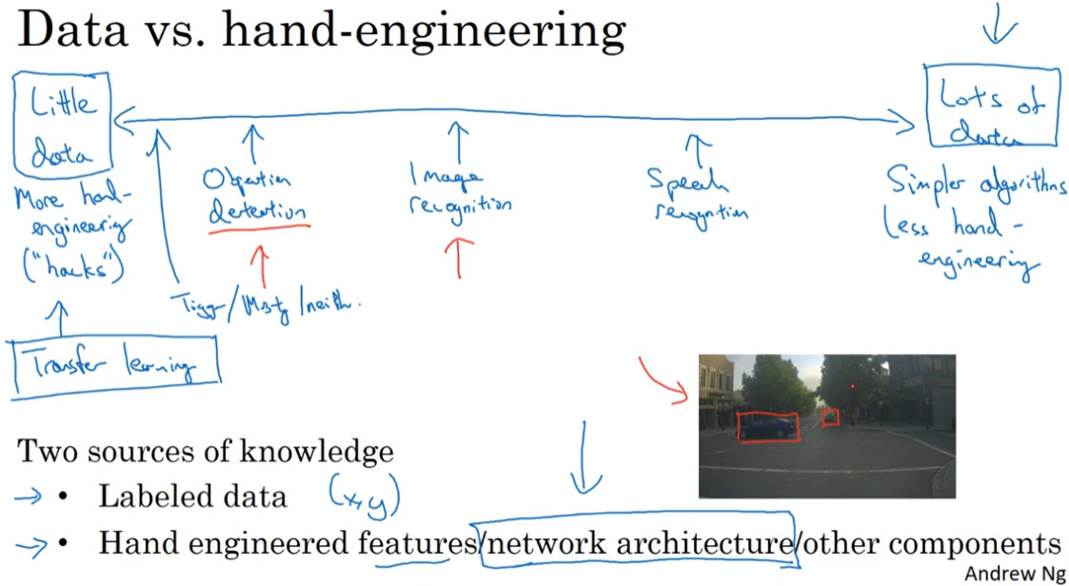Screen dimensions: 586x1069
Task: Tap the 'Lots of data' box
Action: coord(991,107)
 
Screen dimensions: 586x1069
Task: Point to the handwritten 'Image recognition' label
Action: coord(460,190)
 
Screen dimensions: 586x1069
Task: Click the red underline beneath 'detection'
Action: coord(259,227)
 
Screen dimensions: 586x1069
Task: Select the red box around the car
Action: coord(767,426)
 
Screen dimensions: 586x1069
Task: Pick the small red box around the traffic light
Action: coord(830,417)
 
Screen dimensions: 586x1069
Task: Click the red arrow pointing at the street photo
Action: coord(667,379)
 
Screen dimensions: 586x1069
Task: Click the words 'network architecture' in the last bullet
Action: coord(639,543)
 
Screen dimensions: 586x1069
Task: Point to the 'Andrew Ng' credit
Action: coord(1015,575)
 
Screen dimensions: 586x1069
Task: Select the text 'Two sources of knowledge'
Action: coord(205,451)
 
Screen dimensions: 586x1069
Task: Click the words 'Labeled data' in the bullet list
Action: coord(191,496)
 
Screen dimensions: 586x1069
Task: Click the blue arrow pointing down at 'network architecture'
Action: coord(584,456)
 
